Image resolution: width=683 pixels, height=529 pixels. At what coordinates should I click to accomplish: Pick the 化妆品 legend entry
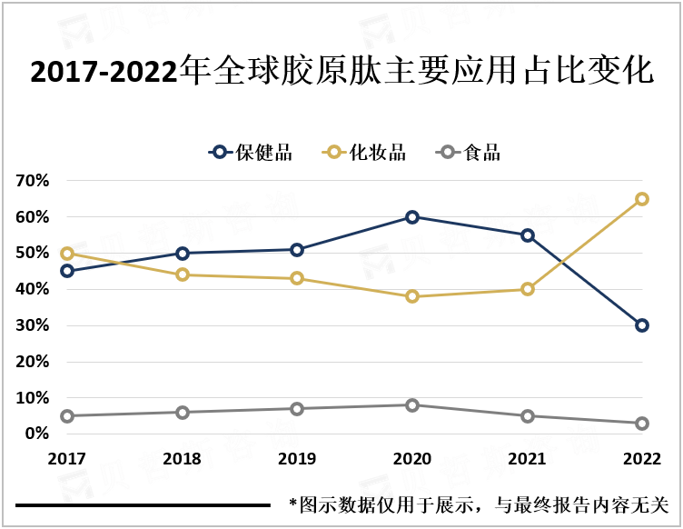point(365,153)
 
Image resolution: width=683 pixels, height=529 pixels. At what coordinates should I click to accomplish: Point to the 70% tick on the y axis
point(32,181)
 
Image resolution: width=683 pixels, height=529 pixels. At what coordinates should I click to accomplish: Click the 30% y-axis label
point(32,325)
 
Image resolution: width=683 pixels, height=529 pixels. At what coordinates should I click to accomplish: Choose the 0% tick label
point(35,434)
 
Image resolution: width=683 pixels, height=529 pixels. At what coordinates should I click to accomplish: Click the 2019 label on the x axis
point(297,459)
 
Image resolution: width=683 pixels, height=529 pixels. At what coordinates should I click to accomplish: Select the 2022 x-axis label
point(641,459)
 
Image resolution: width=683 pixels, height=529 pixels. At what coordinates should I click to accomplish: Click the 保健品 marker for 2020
point(412,217)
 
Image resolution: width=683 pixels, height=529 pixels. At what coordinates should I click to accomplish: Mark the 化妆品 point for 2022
point(642,199)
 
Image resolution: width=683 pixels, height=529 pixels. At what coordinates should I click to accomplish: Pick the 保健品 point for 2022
point(642,325)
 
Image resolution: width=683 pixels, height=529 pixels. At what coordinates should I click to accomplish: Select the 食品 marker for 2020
point(412,405)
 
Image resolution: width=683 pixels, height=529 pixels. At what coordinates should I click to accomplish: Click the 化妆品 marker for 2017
point(67,254)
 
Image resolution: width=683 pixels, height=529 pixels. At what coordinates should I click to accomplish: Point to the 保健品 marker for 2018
point(183,254)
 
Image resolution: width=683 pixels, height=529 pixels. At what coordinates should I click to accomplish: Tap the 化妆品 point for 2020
point(412,296)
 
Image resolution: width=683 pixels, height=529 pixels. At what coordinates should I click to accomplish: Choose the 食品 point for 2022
point(642,424)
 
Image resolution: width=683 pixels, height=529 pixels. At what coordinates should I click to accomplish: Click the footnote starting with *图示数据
point(478,504)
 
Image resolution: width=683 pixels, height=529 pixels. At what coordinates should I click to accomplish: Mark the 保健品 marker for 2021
point(528,235)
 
